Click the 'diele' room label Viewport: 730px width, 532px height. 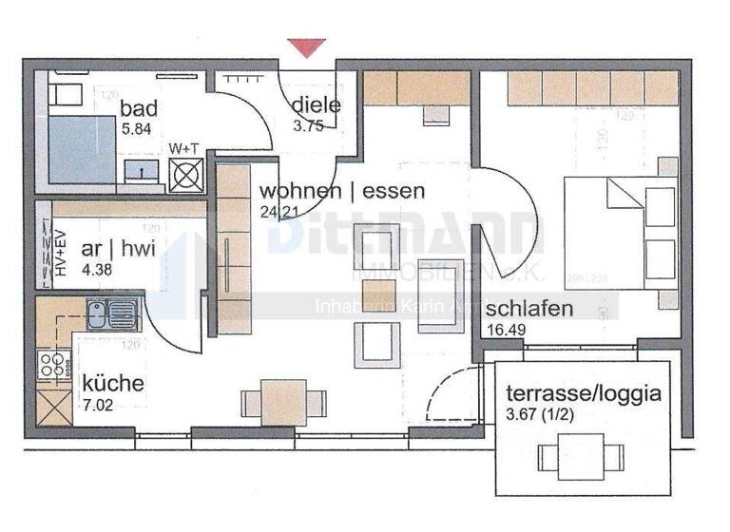tap(316, 104)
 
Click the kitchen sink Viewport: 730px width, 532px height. tap(111, 313)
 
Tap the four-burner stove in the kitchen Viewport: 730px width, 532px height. tap(53, 363)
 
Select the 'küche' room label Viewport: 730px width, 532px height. tap(113, 384)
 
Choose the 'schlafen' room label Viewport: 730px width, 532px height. tap(529, 309)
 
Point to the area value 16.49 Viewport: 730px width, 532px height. tap(507, 330)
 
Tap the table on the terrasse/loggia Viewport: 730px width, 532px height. tap(574, 454)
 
